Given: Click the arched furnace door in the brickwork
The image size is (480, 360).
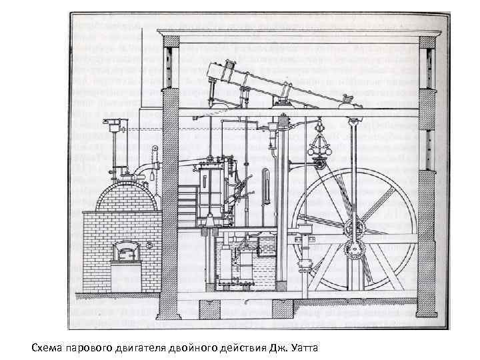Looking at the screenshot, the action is (124, 252).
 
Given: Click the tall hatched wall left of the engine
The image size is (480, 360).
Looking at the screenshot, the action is (171, 180).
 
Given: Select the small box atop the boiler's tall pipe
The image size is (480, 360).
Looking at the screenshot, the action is (114, 123).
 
